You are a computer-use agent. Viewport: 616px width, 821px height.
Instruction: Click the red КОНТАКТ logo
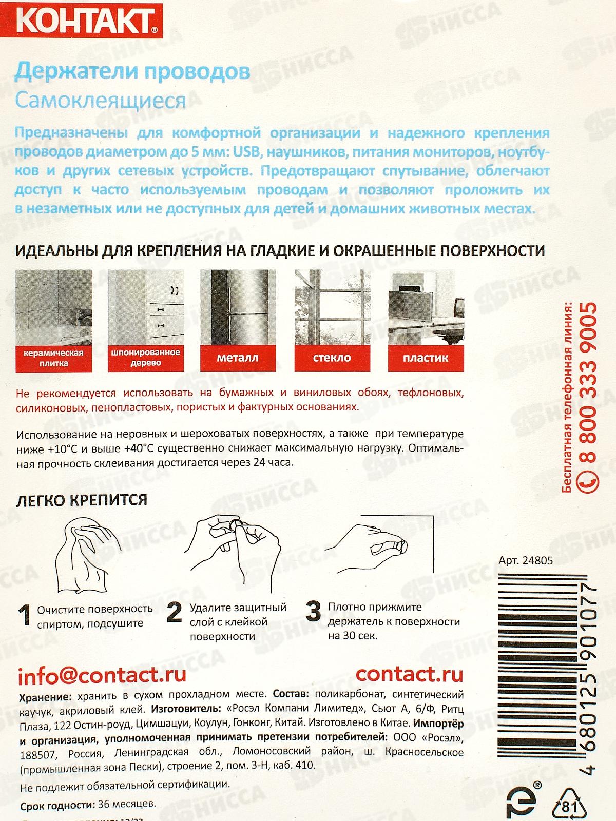point(81,20)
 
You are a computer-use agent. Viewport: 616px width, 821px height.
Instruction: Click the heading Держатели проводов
point(132,71)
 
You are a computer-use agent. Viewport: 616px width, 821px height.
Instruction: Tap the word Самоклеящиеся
point(101,100)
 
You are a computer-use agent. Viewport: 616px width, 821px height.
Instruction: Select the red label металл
point(238,358)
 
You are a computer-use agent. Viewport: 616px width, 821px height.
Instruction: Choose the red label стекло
point(332,358)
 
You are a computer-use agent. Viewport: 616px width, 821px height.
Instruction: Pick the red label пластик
point(426,358)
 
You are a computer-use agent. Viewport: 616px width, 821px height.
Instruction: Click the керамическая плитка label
point(53,358)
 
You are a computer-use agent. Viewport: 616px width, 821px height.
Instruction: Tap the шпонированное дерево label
point(146,358)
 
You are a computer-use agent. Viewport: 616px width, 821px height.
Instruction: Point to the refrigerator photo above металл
point(238,307)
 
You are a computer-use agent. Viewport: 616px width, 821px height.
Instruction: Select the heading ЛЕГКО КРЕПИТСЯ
point(82,500)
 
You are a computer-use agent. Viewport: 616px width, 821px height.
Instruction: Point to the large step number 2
point(174,612)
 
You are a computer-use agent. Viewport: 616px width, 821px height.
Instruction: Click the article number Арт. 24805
point(526,560)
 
